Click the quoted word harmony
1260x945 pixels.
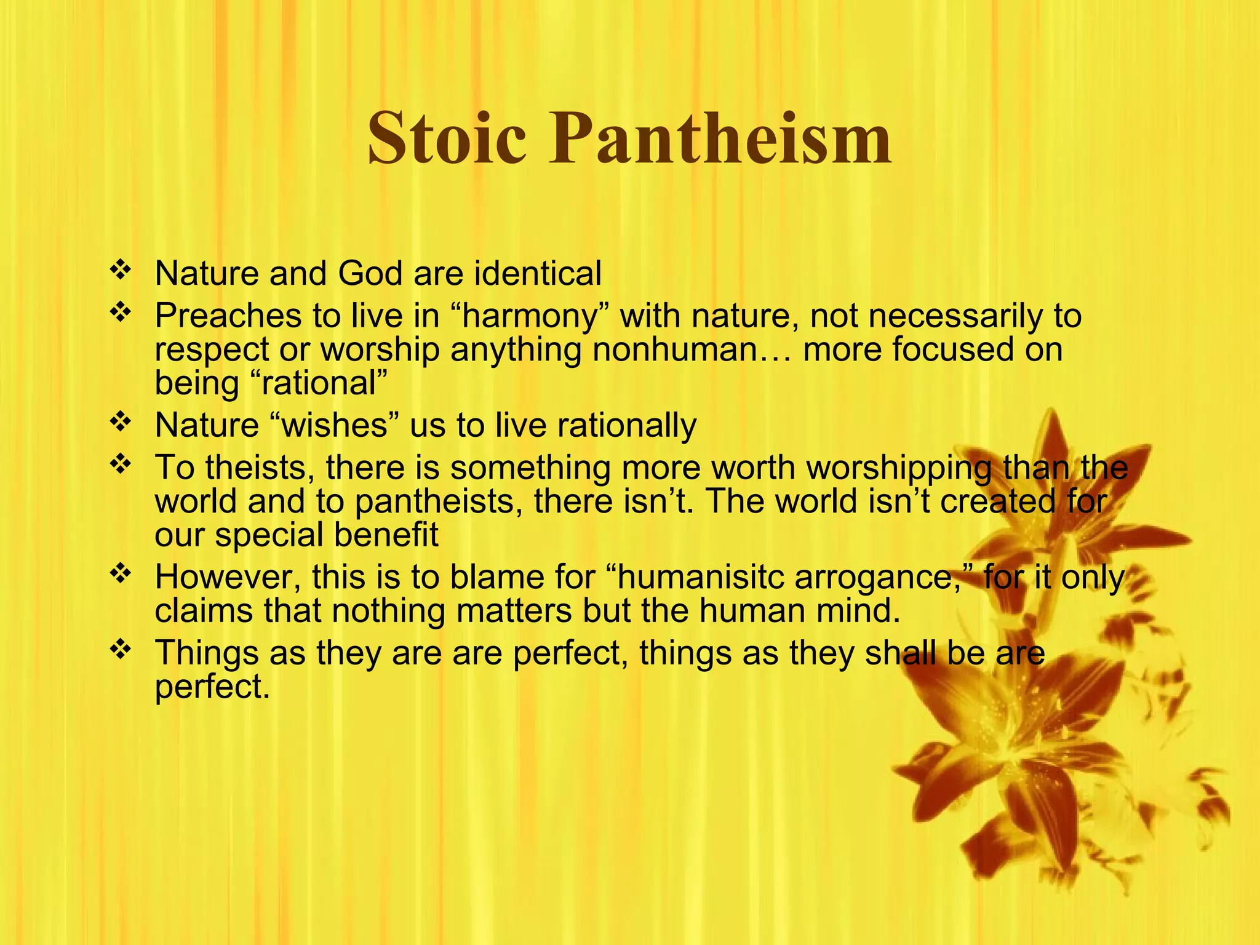[x=530, y=316]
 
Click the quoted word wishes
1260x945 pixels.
[x=335, y=425]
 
